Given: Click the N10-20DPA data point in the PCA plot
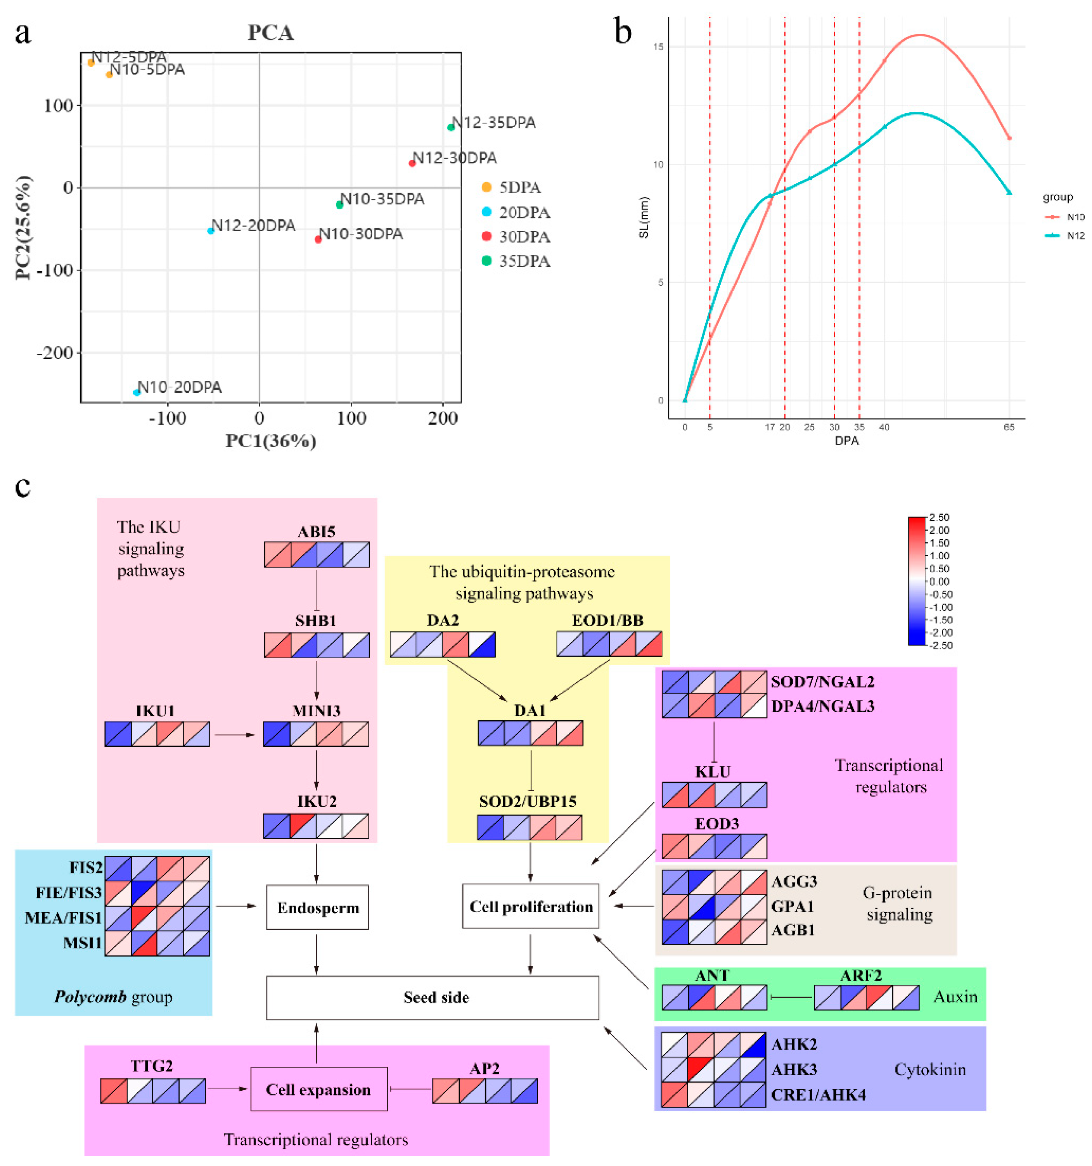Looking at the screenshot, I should coord(137,393).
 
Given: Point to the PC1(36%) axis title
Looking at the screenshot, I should coord(271,441).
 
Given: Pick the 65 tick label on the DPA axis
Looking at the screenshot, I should coord(1008,427).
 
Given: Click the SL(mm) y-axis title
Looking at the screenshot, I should coord(644,217).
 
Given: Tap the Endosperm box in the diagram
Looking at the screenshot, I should coord(317,908).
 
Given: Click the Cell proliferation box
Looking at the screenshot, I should coord(531,907).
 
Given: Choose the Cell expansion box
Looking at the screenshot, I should coord(318,1089).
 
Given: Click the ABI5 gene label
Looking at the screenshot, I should coord(316,531).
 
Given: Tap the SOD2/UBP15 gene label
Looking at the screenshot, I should coord(528,801).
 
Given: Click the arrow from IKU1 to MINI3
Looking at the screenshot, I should coord(235,734).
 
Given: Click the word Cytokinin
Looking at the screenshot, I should coord(929,1069).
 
